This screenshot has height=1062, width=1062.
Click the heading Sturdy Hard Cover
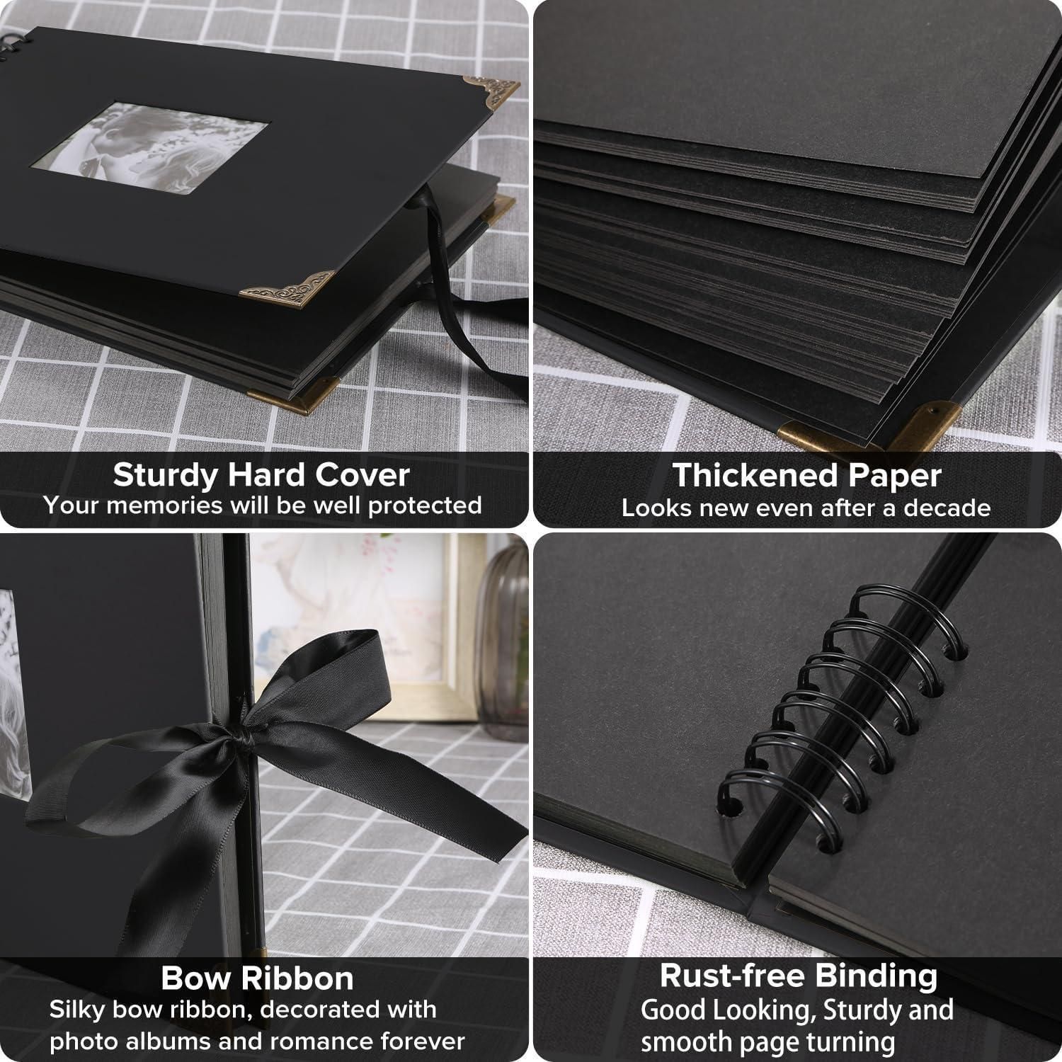click(261, 474)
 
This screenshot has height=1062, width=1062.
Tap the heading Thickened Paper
click(806, 476)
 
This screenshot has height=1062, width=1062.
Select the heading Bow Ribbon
click(257, 978)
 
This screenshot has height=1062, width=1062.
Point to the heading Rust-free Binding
click(799, 976)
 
